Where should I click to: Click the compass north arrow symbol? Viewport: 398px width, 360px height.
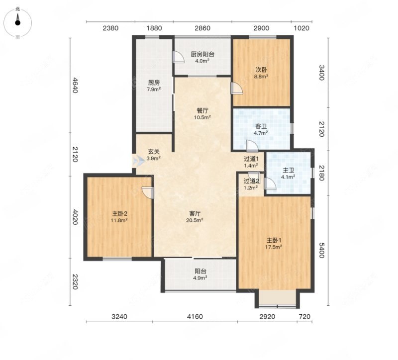point(17,19)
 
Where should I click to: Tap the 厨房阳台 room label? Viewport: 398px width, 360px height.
point(202,54)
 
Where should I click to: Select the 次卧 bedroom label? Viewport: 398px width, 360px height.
point(261,70)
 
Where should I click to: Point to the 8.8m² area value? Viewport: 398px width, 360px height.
point(261,76)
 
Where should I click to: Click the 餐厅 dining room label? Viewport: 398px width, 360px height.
point(202,111)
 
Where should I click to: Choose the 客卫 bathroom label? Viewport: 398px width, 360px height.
point(261,126)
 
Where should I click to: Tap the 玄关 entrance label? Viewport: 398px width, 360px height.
point(154,152)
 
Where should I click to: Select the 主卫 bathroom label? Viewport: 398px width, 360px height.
point(288,170)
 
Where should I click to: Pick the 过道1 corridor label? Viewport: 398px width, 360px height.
point(251,159)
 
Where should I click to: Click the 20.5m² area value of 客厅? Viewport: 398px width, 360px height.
point(195,220)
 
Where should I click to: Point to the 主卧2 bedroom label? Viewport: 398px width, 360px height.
point(119,214)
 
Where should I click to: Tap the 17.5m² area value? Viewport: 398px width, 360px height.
point(274,247)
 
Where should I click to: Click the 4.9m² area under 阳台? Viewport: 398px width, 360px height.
point(200,277)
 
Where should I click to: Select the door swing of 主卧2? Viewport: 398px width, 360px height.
point(148,192)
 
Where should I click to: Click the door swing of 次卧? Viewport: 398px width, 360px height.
point(237,89)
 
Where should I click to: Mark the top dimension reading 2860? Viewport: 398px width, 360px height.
point(202,28)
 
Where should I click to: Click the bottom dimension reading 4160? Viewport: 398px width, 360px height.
point(195,317)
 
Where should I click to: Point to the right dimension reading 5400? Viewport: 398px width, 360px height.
point(321,250)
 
